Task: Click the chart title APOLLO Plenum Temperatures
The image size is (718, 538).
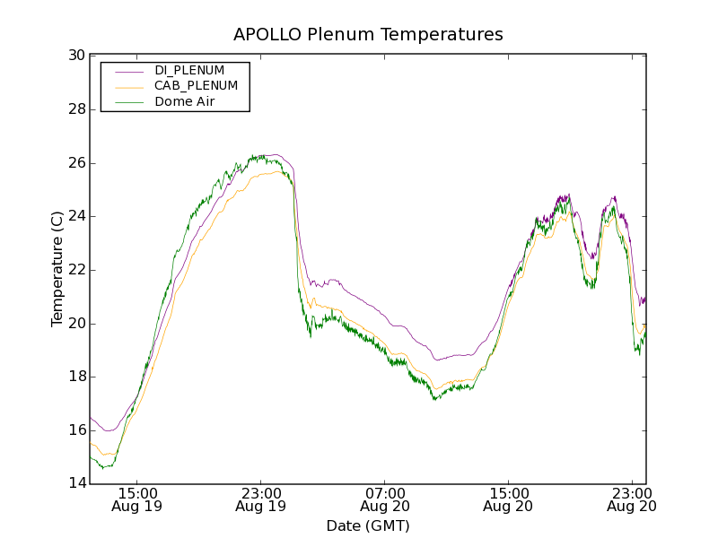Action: coord(368,35)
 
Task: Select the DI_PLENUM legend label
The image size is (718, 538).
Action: coord(189,70)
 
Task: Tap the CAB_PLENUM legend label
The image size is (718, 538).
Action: coord(196,86)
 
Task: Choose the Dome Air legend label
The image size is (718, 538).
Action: coord(185,102)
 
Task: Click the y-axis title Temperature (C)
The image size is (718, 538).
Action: coord(57,269)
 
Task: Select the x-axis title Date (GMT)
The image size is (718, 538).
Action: coord(368,526)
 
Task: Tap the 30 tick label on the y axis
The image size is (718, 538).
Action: coord(76,56)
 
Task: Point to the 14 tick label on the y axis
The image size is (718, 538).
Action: coord(76,484)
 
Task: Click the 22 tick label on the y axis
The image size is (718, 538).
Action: coord(76,270)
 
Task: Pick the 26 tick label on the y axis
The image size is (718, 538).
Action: coord(76,163)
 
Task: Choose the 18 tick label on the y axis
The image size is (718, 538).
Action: coord(76,377)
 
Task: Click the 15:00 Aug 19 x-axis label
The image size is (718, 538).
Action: coord(136,499)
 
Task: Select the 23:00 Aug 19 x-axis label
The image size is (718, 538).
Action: coord(260,499)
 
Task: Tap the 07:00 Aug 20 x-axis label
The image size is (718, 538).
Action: coord(385,499)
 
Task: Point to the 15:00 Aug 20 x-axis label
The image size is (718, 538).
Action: coord(508,499)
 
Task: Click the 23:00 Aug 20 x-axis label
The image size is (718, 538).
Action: coord(632,499)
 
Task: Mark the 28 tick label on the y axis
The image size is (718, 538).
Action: coord(76,109)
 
